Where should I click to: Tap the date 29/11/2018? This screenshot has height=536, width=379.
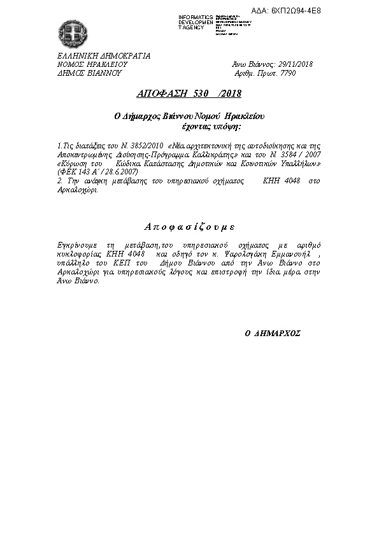click(294, 64)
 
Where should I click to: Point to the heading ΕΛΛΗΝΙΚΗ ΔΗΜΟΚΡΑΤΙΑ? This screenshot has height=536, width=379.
click(104, 55)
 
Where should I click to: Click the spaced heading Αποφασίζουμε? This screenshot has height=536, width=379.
click(189, 227)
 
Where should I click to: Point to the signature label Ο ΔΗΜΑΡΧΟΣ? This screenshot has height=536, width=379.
click(273, 333)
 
